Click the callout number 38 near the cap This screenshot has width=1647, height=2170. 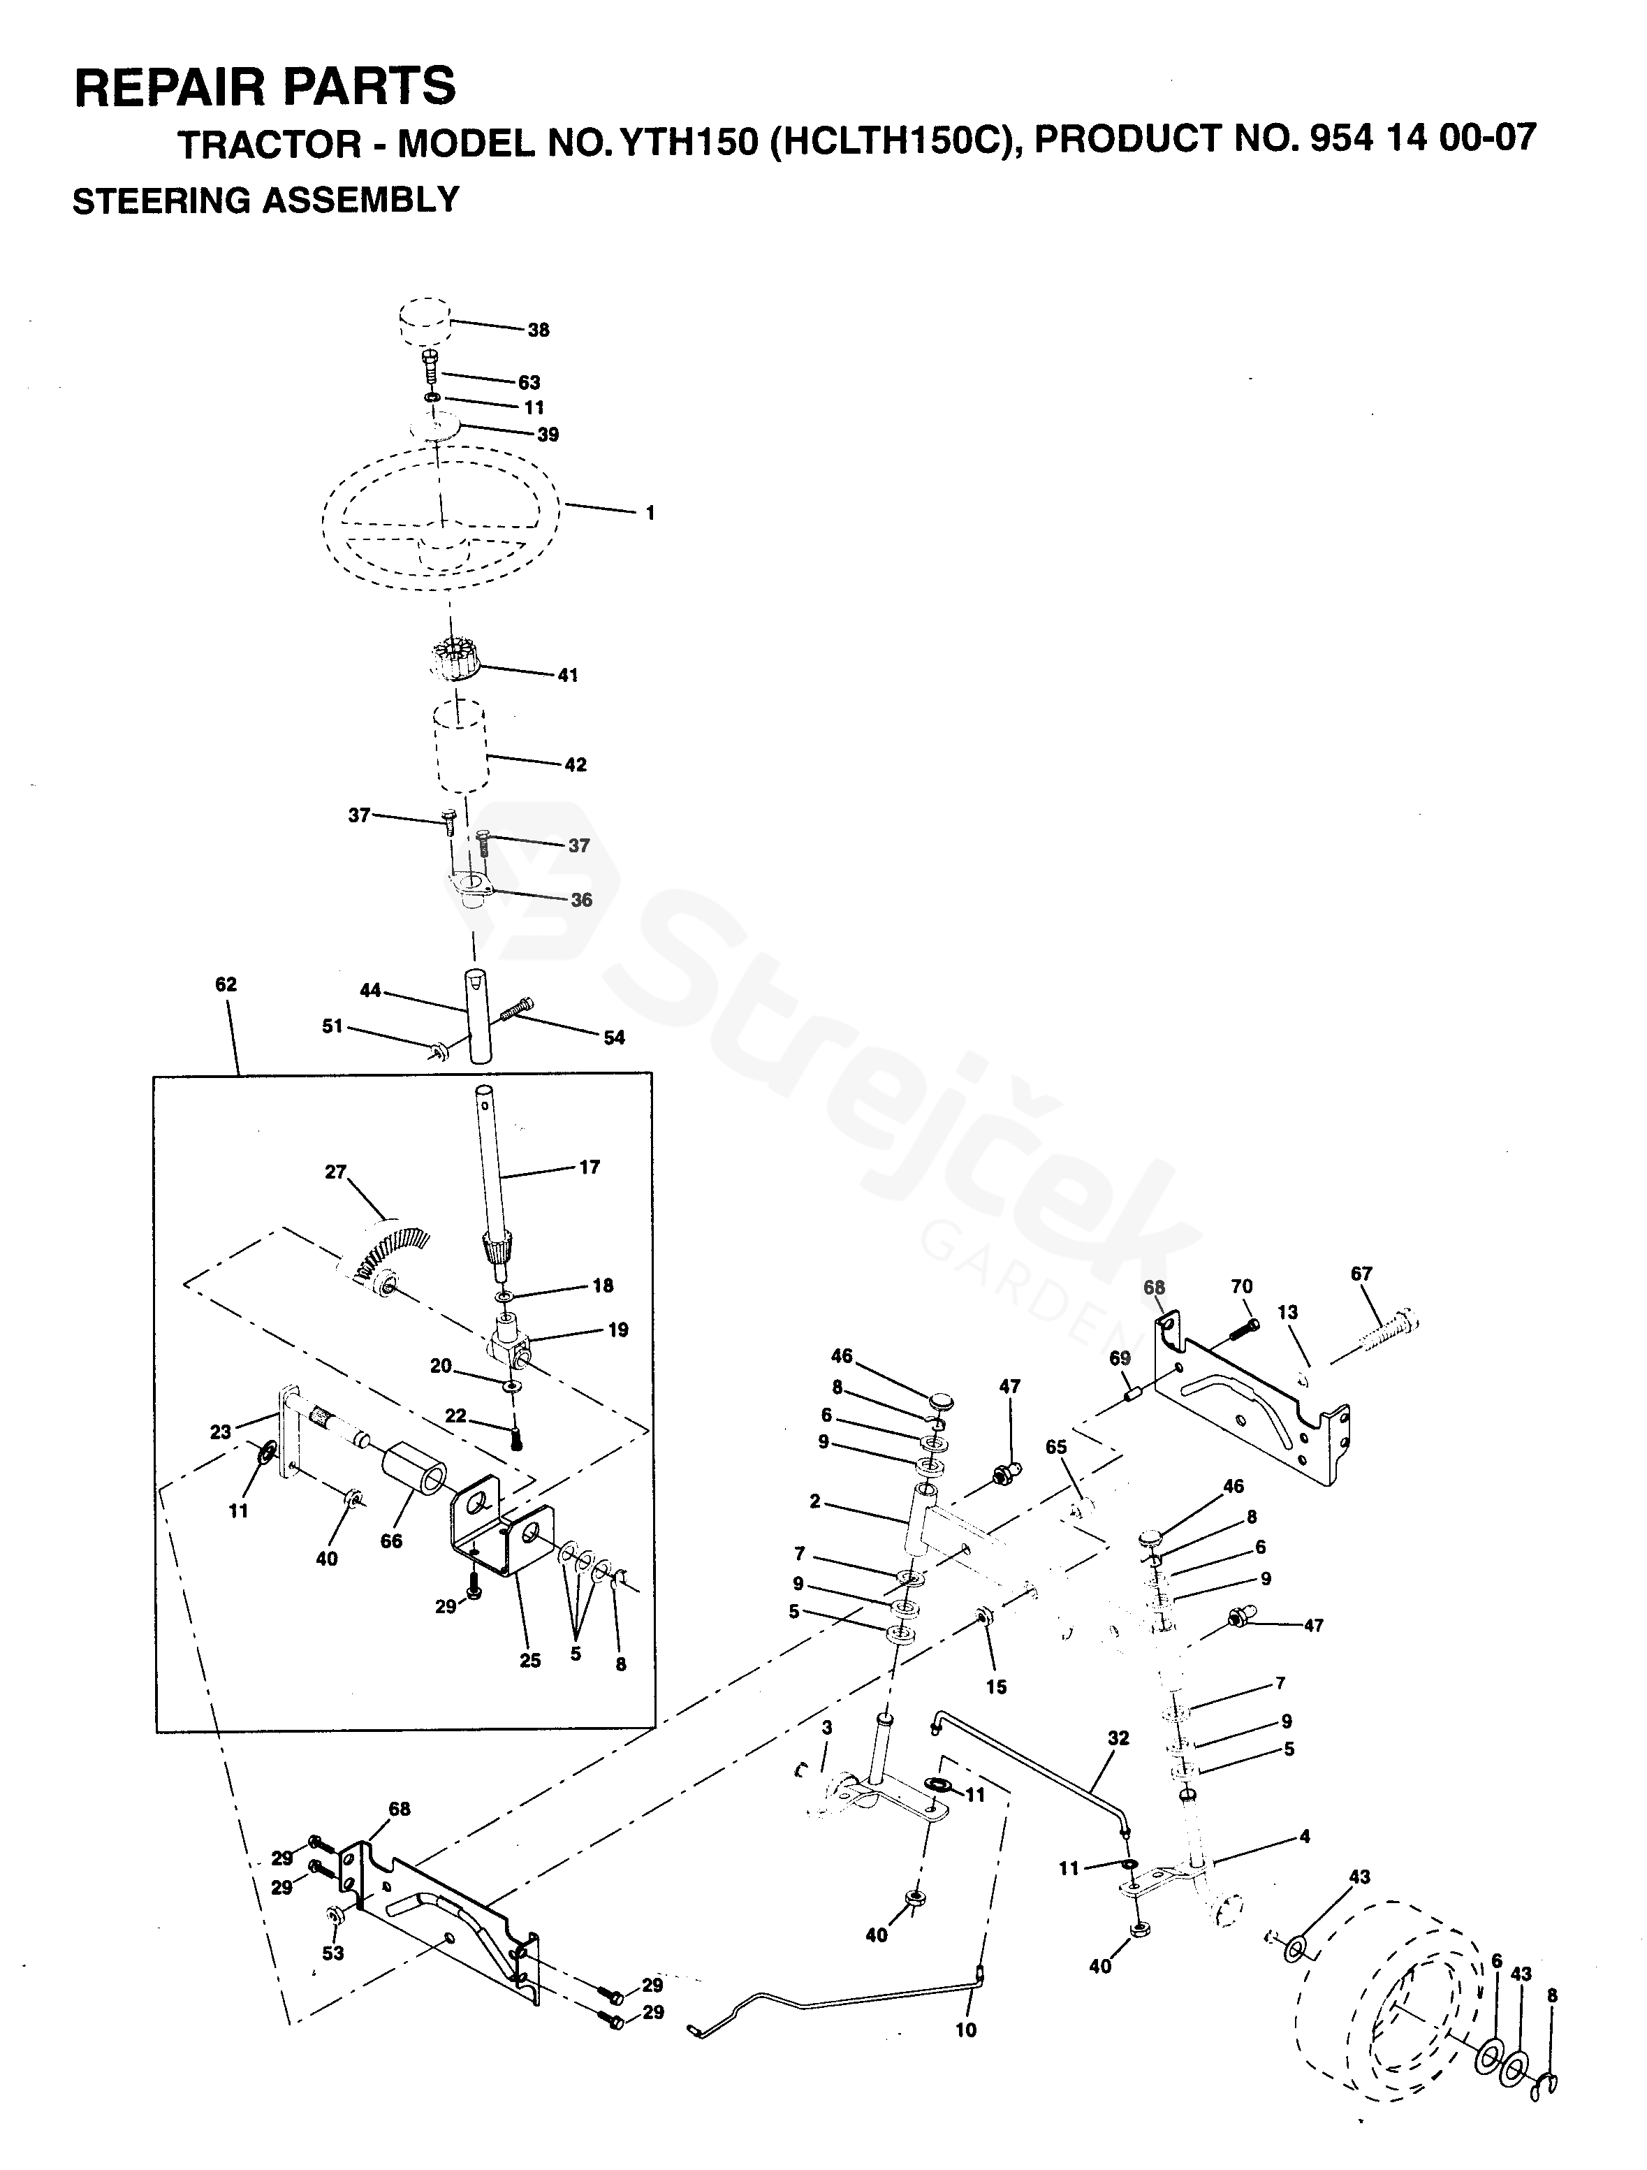point(539,330)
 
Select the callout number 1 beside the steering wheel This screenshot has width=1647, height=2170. point(650,513)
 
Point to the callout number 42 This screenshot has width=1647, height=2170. point(575,764)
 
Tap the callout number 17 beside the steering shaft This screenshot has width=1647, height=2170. point(589,1167)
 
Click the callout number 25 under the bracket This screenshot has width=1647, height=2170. point(529,1661)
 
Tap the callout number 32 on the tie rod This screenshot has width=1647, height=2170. point(1118,1738)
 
